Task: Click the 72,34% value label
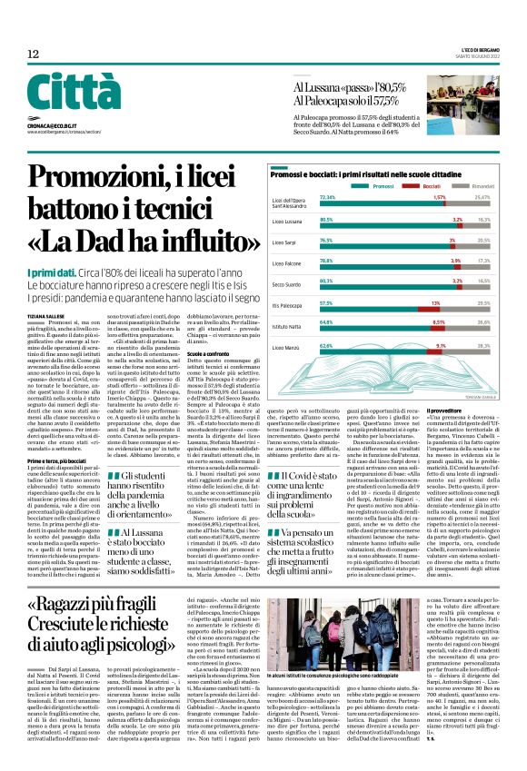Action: click(x=328, y=196)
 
